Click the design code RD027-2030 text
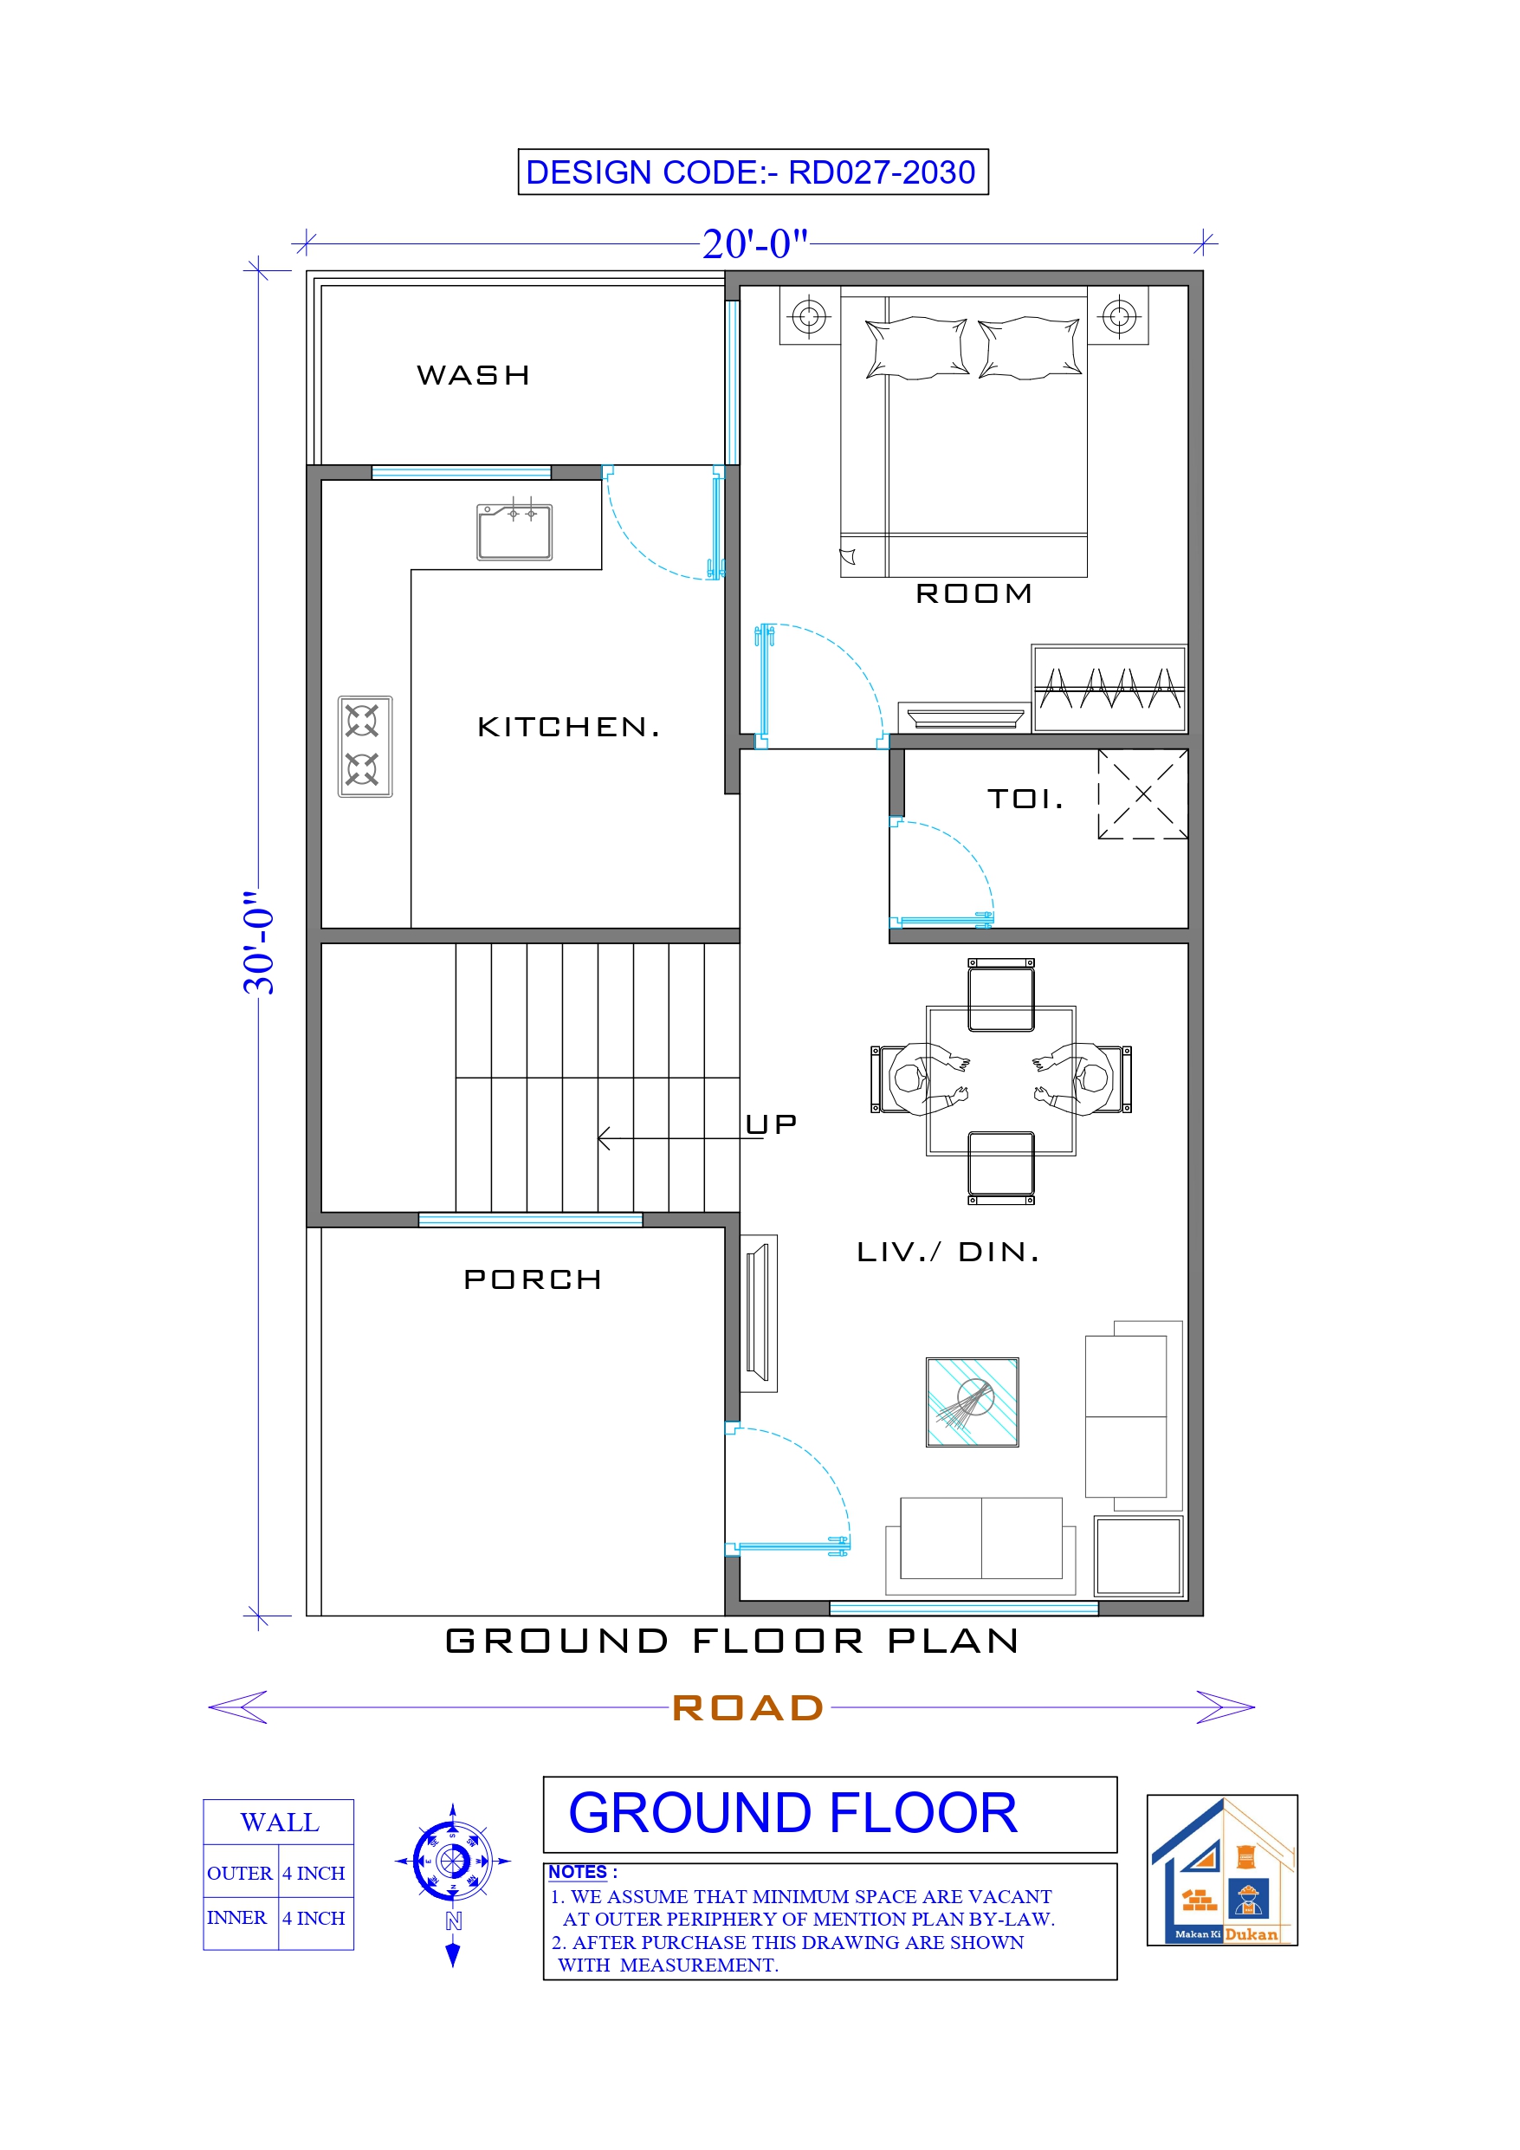tap(752, 172)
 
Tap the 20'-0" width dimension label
tap(755, 244)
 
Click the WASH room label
tap(473, 375)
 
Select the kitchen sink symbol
tap(514, 532)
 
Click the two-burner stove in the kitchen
tap(365, 747)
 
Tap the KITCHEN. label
tap(568, 727)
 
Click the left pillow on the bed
tap(916, 348)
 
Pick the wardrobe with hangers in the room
tap(1109, 690)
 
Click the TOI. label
tap(1025, 799)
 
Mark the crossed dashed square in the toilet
tap(1142, 794)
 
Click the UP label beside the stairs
tap(771, 1124)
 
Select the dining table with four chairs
tap(1000, 1080)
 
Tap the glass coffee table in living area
tap(972, 1402)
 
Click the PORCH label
tap(532, 1280)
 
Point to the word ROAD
tap(747, 1708)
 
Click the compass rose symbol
tap(452, 1861)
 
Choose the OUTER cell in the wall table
tap(239, 1873)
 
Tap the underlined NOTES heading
tap(578, 1872)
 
